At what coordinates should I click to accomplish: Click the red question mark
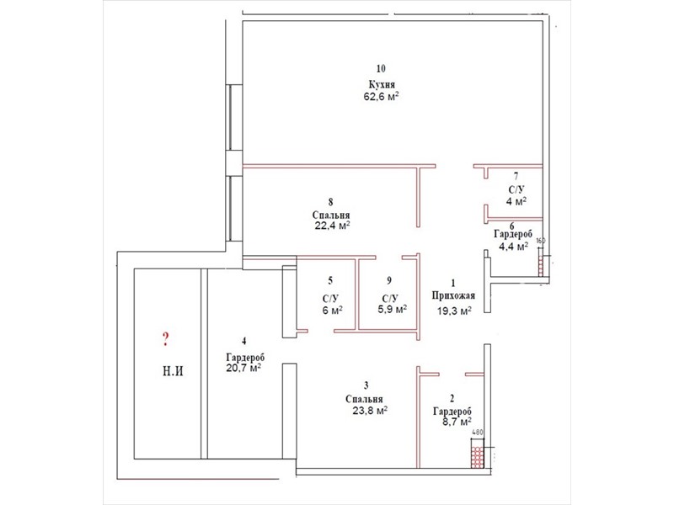click(166, 339)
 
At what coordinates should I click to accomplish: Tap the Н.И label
click(173, 370)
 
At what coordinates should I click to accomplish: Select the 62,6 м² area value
click(382, 96)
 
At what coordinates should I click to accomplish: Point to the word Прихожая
click(453, 295)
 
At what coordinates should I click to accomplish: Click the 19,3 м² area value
click(454, 311)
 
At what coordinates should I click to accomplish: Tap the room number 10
click(381, 68)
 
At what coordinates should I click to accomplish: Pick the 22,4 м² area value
click(332, 225)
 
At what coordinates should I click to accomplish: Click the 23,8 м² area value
click(370, 411)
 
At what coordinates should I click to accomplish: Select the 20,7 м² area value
click(243, 368)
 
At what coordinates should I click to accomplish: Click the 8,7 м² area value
click(457, 422)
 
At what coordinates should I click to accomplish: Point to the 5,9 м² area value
click(393, 309)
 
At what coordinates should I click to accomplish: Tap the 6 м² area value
click(332, 310)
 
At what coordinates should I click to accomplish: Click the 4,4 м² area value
click(513, 247)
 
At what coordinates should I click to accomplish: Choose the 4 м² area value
click(516, 201)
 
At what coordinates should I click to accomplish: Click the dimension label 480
click(477, 433)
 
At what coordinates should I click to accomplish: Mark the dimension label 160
click(541, 241)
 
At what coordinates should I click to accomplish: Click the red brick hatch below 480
click(476, 457)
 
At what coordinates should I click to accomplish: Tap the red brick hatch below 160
click(541, 266)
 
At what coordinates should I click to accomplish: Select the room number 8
click(330, 202)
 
